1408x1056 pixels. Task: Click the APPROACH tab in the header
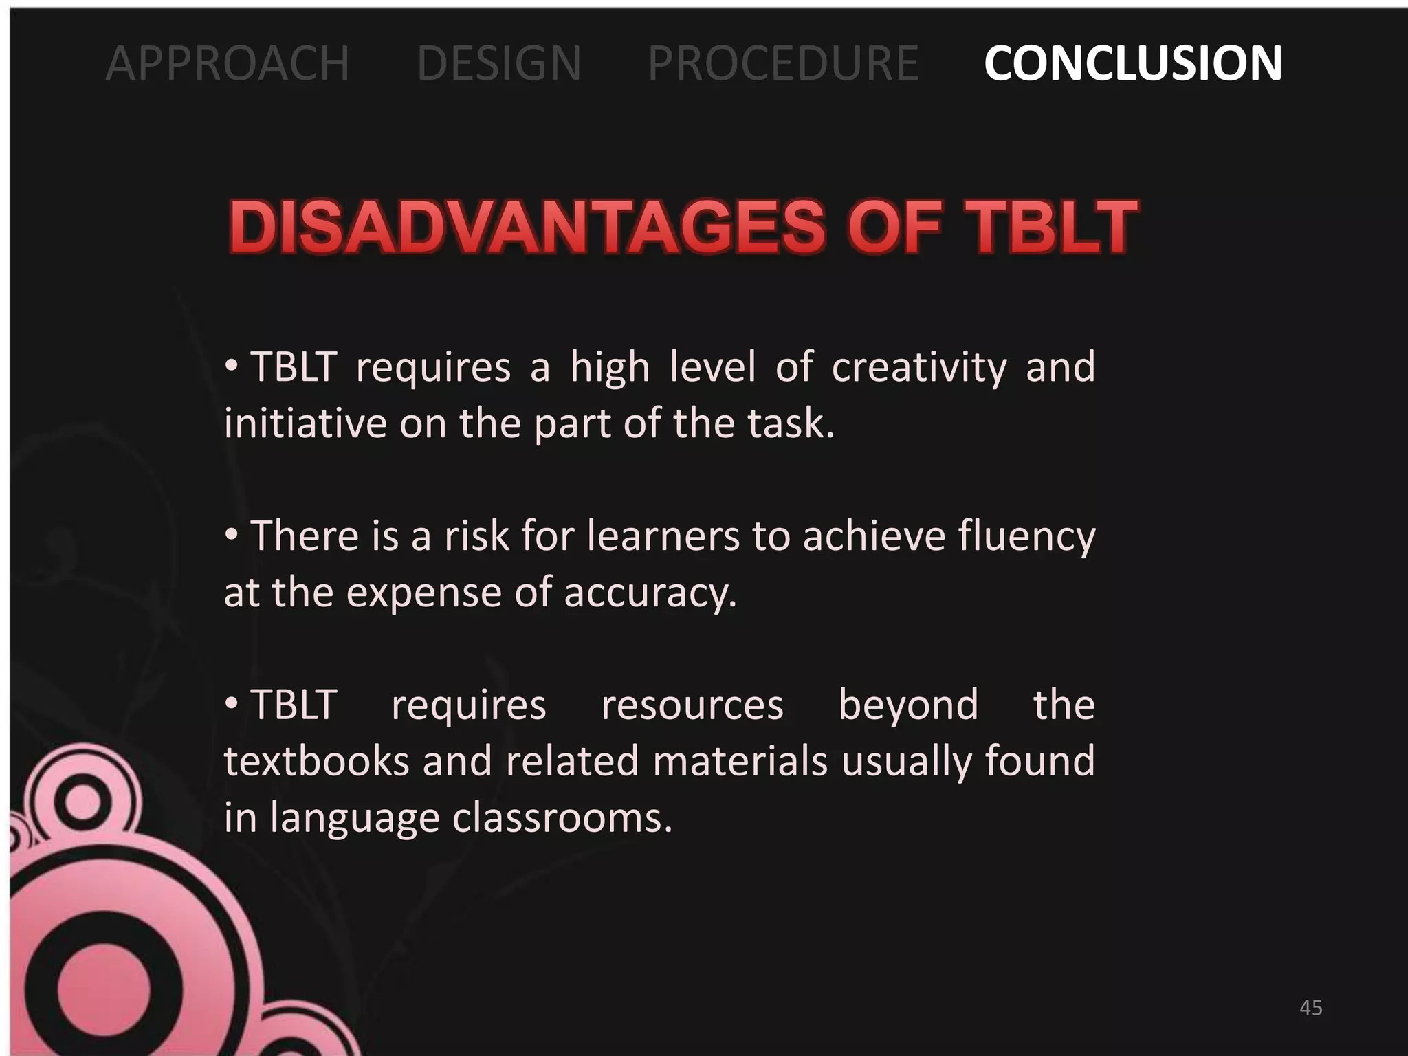click(x=228, y=63)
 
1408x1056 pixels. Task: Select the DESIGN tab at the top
click(x=499, y=63)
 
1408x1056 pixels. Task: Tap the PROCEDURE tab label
click(x=783, y=63)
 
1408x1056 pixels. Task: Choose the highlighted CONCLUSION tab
click(x=1133, y=63)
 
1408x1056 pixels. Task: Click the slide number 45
click(x=1311, y=1008)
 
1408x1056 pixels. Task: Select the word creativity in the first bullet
click(x=919, y=367)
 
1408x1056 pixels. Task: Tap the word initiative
click(x=305, y=423)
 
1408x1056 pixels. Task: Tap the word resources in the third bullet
click(x=692, y=706)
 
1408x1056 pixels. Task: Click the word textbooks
click(x=317, y=762)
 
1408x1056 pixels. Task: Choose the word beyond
click(x=908, y=706)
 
